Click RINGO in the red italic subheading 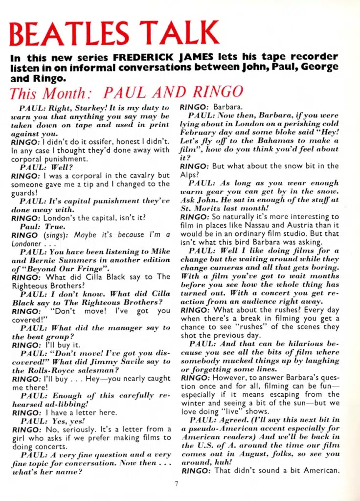[217, 92]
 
